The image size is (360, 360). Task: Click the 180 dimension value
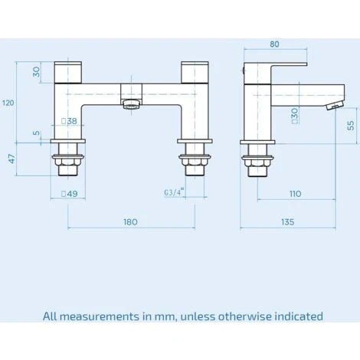130,222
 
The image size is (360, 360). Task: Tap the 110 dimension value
295,195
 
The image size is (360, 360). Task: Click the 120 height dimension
8,103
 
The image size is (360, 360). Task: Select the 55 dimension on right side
351,126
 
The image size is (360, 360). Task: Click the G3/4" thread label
174,194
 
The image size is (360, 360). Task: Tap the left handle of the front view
67,73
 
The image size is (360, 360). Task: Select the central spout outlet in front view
132,103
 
